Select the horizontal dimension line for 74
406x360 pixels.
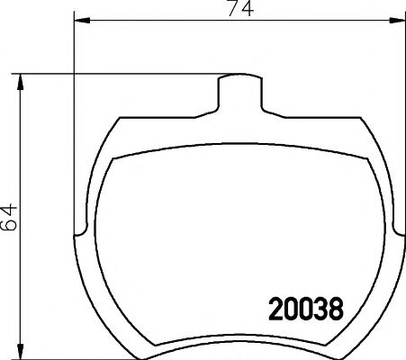coord(162,21)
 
